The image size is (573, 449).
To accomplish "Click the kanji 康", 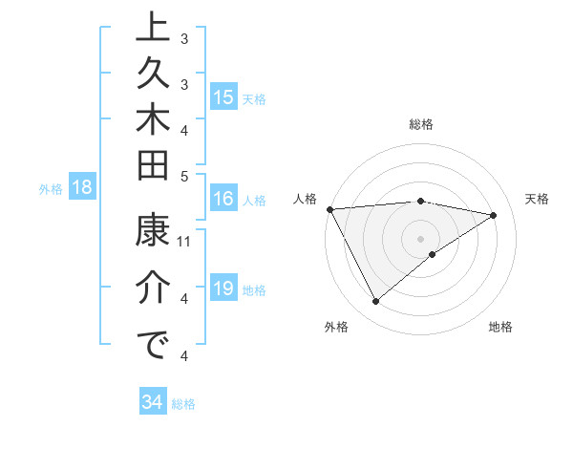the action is tap(153, 232).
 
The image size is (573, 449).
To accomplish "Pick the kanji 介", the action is tap(153, 289).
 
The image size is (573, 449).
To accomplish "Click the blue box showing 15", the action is tap(223, 97).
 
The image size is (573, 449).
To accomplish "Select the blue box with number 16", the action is tap(223, 200).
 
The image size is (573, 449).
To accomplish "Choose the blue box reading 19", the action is tap(223, 289).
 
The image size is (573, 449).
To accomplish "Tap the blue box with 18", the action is tap(82, 188).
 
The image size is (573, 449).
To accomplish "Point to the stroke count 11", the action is tap(185, 243).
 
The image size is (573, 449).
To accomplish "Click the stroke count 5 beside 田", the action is tap(185, 176).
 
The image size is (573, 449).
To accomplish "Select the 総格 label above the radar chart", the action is tap(421, 124).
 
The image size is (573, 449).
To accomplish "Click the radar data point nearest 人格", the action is tap(329, 208).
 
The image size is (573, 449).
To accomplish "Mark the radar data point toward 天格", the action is tap(494, 215).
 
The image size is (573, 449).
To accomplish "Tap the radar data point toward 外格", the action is tap(375, 302).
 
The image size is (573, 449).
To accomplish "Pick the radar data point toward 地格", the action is tap(433, 254).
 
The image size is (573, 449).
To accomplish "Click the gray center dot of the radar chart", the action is tap(421, 238).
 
